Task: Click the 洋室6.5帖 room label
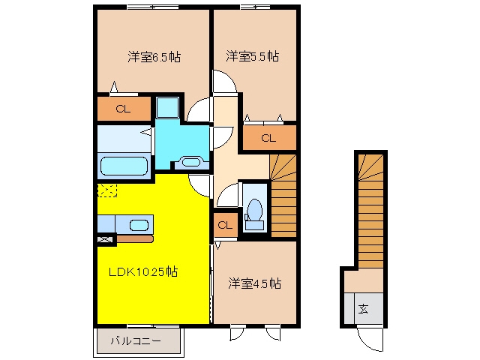154,57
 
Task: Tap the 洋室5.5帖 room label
253,56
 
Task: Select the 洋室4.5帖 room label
254,283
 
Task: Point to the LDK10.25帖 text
143,271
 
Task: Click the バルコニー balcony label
136,340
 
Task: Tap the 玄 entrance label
363,309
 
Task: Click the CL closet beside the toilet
225,225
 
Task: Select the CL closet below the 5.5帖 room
269,138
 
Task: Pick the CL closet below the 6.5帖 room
124,109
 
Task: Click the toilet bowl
255,210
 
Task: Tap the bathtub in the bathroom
124,166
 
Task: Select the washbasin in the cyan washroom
191,162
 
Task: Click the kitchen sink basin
139,225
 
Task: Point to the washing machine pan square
167,107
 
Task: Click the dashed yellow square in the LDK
107,190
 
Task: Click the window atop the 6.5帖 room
153,7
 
